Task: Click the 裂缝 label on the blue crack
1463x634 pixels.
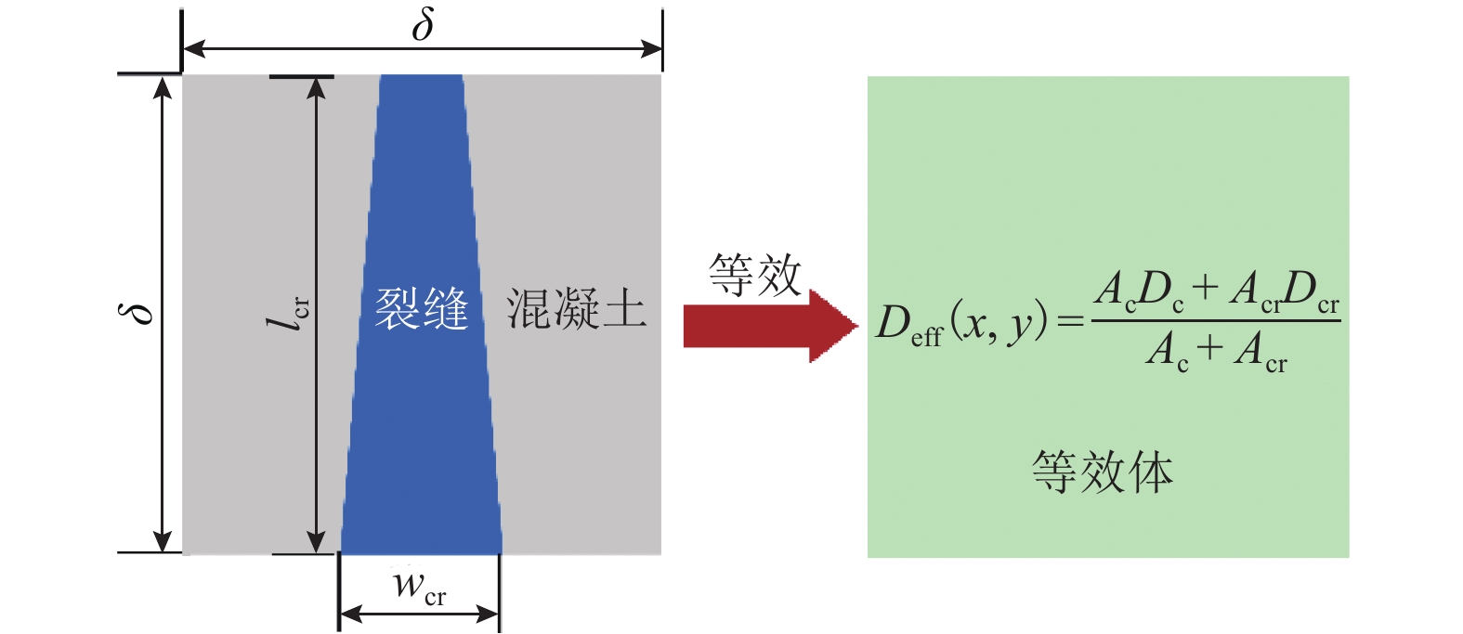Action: [x=421, y=308]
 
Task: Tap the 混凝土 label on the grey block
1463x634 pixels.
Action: [x=576, y=308]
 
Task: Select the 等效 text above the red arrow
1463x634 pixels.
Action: [x=754, y=275]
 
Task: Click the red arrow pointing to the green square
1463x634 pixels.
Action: [x=769, y=326]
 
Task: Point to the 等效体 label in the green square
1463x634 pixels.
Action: [x=1103, y=472]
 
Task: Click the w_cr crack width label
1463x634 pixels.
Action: [x=419, y=588]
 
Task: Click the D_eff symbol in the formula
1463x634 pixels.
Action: [x=908, y=324]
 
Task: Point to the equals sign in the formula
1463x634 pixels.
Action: [x=1071, y=322]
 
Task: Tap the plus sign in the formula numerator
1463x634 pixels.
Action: [x=1205, y=288]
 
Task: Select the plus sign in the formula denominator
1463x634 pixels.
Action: [x=1209, y=349]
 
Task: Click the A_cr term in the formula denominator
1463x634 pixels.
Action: [x=1261, y=352]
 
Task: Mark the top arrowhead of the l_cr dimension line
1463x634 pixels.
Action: [x=317, y=86]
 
